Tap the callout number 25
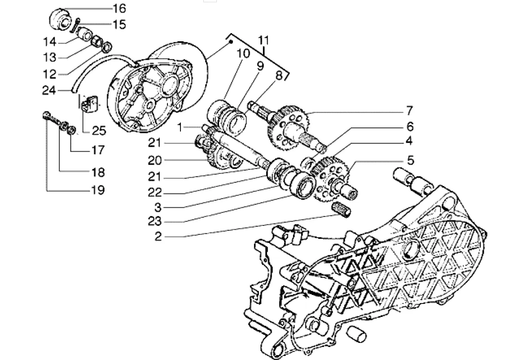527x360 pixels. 99,131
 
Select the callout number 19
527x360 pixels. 98,190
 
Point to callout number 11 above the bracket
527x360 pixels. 264,40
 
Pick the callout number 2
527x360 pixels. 158,236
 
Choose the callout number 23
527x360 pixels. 155,221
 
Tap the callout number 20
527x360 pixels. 155,160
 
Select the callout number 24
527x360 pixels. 49,90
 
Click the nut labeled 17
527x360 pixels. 71,130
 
